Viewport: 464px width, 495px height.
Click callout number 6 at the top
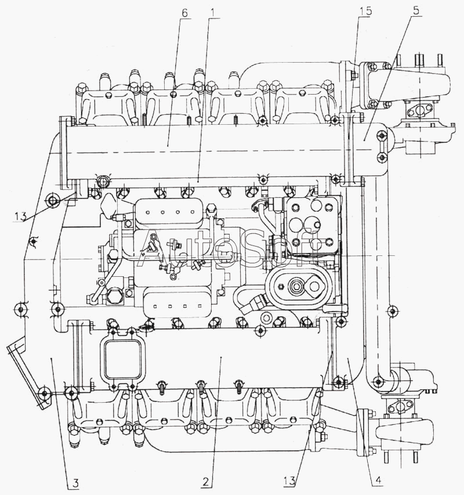[x=184, y=13]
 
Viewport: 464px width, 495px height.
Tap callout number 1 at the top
[x=213, y=13]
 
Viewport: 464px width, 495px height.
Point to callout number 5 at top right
[x=416, y=10]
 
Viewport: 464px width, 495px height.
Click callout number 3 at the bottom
[x=75, y=483]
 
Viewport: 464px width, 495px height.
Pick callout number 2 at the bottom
[x=206, y=482]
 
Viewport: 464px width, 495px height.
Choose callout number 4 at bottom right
[x=378, y=480]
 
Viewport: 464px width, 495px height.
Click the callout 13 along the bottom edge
[x=289, y=481]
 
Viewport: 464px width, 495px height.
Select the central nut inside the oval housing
[x=296, y=286]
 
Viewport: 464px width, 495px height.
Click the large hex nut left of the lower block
[x=113, y=296]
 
